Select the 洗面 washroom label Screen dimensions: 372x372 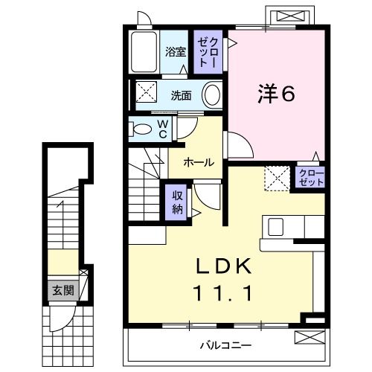[181, 95]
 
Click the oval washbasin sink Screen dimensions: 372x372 [212, 95]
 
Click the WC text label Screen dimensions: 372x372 [161, 129]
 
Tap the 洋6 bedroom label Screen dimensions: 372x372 [278, 94]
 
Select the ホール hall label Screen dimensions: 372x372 [199, 162]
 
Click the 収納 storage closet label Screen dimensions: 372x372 [179, 201]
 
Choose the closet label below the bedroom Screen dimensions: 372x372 [311, 177]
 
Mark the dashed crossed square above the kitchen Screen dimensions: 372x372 [278, 179]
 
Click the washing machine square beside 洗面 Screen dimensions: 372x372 [144, 94]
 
